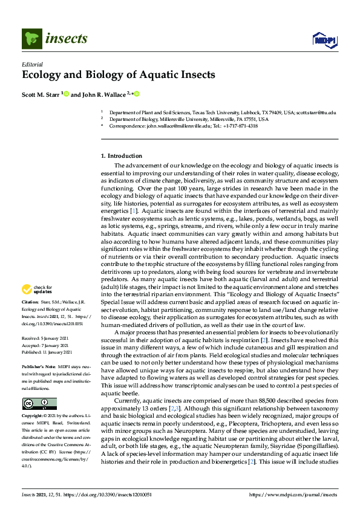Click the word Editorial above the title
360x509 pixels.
pyautogui.click(x=32, y=64)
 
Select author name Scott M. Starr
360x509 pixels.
pyautogui.click(x=41, y=94)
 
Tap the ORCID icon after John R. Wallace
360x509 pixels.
pyautogui.click(x=137, y=94)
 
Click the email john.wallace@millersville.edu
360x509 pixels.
pyautogui.click(x=180, y=126)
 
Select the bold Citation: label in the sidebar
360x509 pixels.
pyautogui.click(x=30, y=300)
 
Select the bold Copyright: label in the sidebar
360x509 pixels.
pyautogui.click(x=33, y=417)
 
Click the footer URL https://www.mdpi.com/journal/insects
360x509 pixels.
pyautogui.click(x=296, y=494)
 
